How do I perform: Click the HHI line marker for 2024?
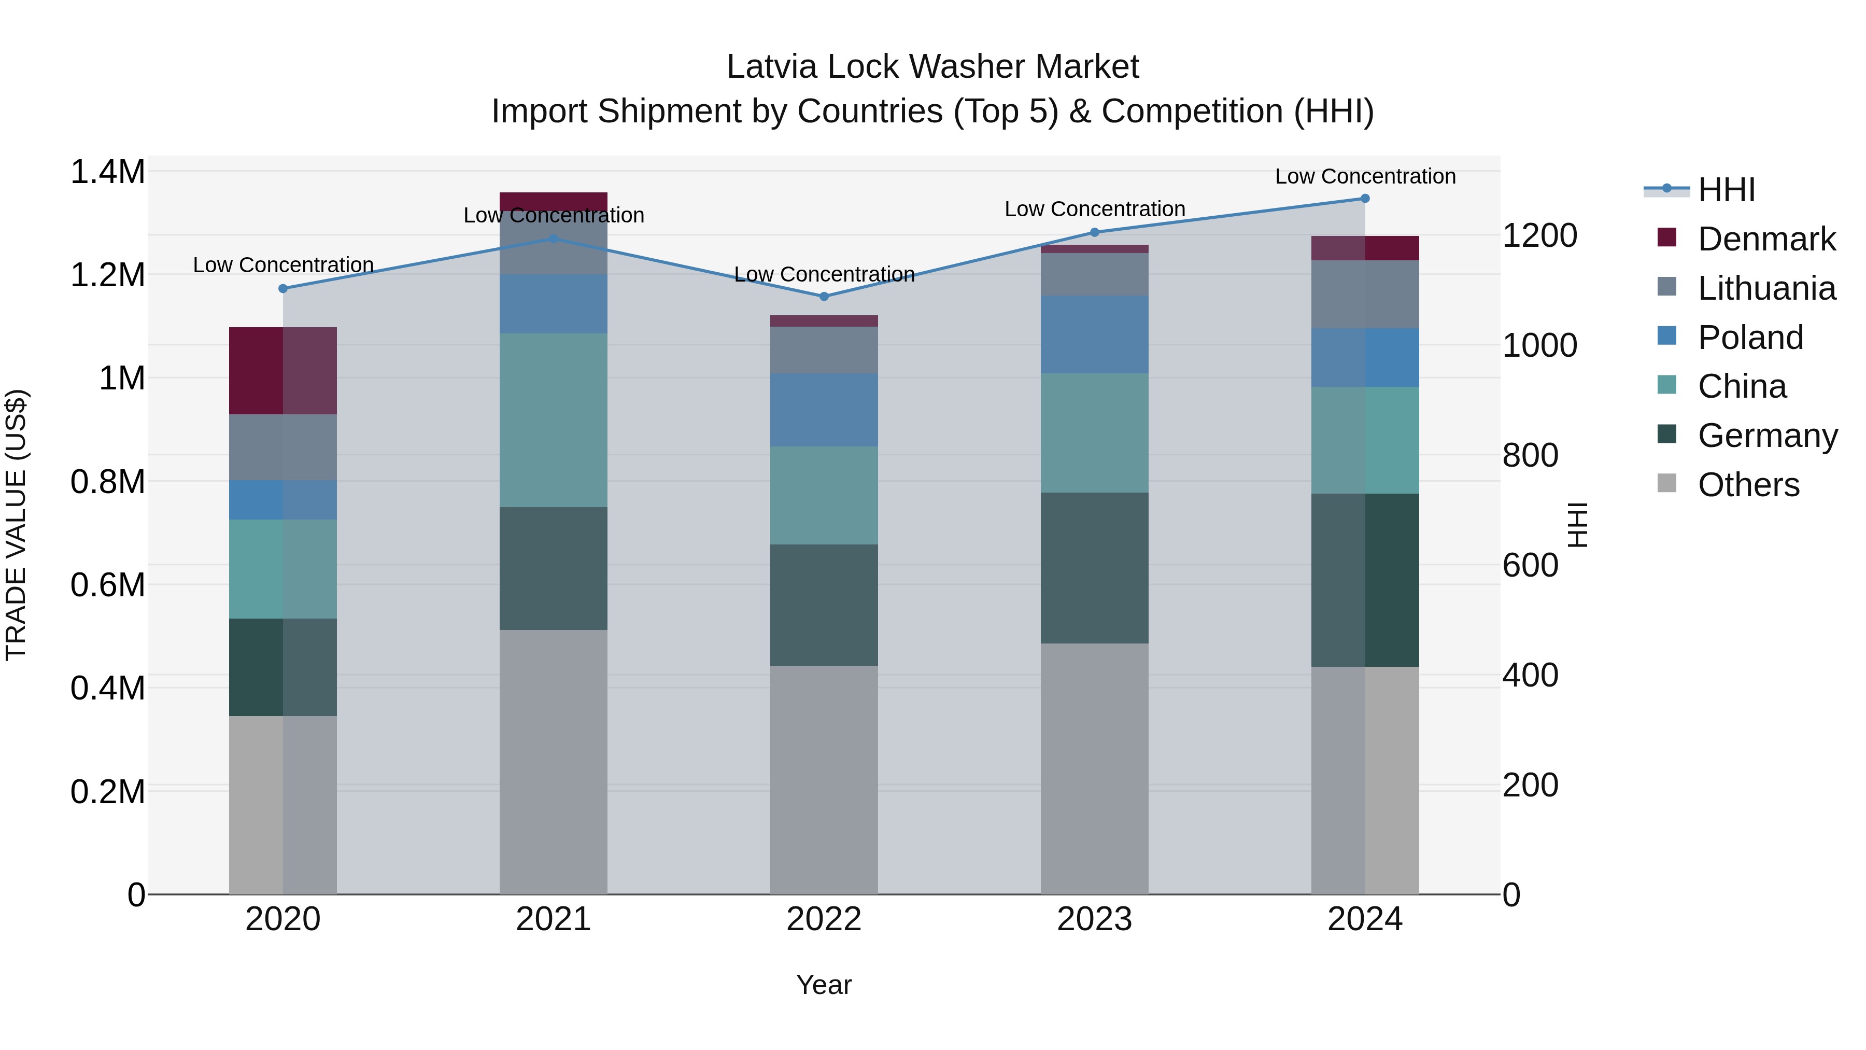pos(1365,199)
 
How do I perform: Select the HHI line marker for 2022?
pos(824,297)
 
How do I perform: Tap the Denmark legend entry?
pos(1765,239)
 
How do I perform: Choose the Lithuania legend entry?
pos(1765,288)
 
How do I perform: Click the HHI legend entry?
pos(1726,190)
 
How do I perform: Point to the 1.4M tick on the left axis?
pos(108,173)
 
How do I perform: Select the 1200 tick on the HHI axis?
pos(1539,235)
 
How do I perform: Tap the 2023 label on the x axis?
pos(1094,919)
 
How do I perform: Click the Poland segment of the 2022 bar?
pos(824,410)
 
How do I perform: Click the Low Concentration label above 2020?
pos(283,265)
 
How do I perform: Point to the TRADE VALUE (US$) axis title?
pos(16,525)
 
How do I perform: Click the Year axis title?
pos(824,985)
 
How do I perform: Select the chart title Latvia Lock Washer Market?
pos(932,67)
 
